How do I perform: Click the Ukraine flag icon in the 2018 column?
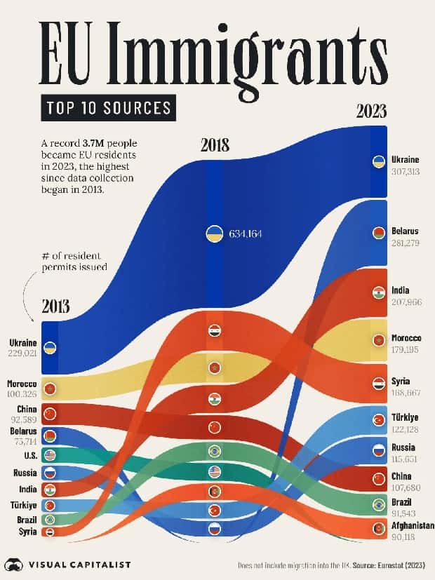[214, 234]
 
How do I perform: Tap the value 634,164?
[245, 234]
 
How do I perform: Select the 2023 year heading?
[371, 112]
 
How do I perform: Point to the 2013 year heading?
[55, 306]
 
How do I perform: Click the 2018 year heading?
[215, 146]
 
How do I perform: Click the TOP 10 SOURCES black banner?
[108, 107]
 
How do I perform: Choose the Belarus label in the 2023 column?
[405, 231]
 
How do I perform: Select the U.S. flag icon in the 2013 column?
[50, 455]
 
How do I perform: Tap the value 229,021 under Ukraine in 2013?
[22, 353]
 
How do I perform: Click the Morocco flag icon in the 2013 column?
[50, 389]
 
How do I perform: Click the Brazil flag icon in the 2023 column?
[379, 504]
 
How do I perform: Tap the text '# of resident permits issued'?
[74, 261]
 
